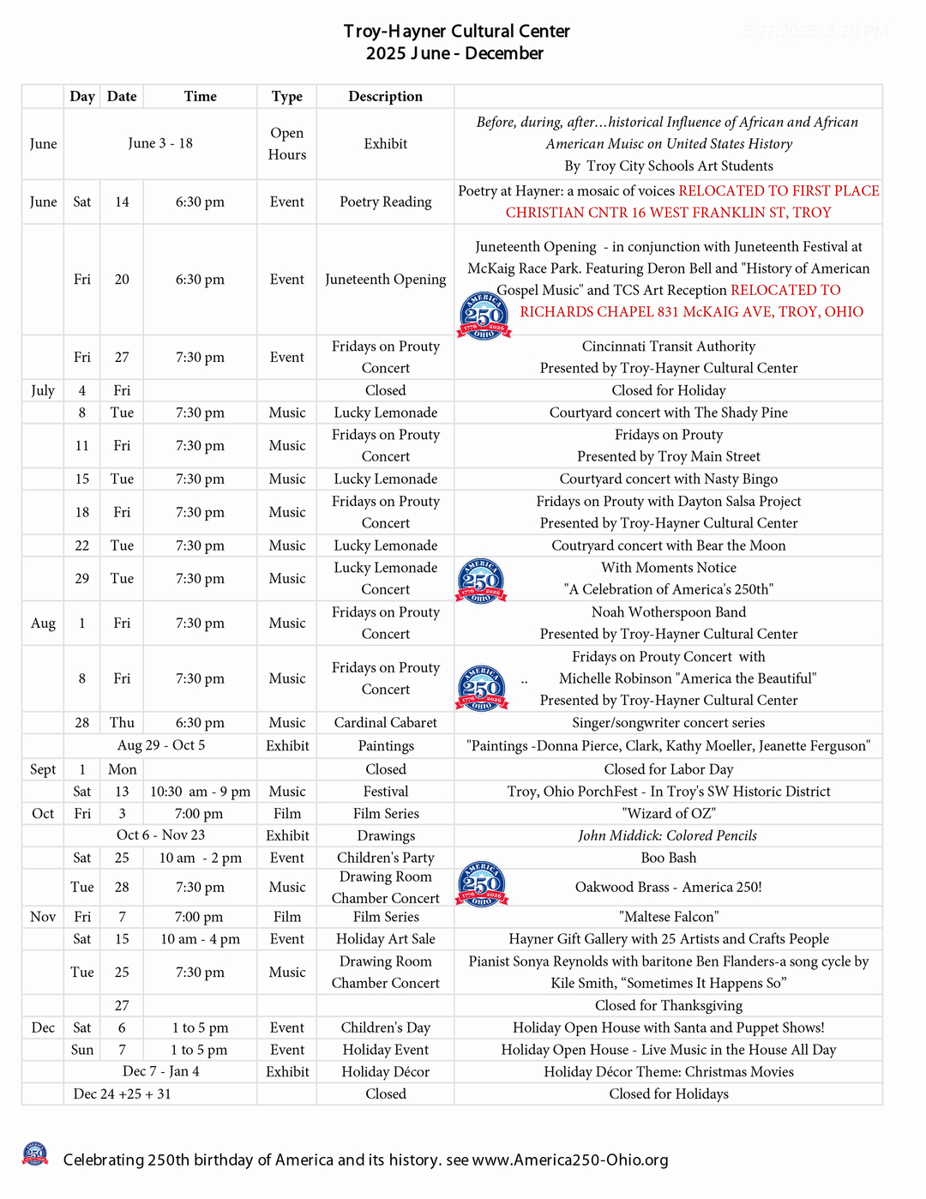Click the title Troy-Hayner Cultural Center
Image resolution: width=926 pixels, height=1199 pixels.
456,32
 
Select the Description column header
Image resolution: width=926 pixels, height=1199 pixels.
385,96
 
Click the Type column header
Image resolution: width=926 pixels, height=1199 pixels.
286,96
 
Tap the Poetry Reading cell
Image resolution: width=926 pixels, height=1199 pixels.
385,202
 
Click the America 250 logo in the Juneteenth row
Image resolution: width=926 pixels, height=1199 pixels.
484,315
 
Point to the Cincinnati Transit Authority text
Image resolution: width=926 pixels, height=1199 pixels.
668,346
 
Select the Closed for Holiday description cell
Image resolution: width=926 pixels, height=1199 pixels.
668,390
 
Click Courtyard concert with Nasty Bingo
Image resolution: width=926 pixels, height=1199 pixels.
668,479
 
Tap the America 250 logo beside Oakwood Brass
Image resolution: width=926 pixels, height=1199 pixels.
482,884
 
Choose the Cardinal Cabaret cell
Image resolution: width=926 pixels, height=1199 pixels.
385,722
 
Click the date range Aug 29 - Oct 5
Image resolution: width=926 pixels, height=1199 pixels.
161,745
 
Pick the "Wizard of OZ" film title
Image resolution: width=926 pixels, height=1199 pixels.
668,813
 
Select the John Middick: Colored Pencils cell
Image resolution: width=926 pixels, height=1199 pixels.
668,835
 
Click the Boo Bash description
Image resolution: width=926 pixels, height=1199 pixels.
668,858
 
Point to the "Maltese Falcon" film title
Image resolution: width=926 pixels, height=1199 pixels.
668,917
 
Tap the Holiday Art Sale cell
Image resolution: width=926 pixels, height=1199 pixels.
385,939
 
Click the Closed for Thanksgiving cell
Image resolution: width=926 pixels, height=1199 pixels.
668,1005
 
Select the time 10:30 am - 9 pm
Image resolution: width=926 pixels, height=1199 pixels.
200,792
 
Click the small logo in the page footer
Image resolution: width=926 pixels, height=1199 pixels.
35,1154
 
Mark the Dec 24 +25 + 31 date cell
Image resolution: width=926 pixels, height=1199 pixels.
122,1094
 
